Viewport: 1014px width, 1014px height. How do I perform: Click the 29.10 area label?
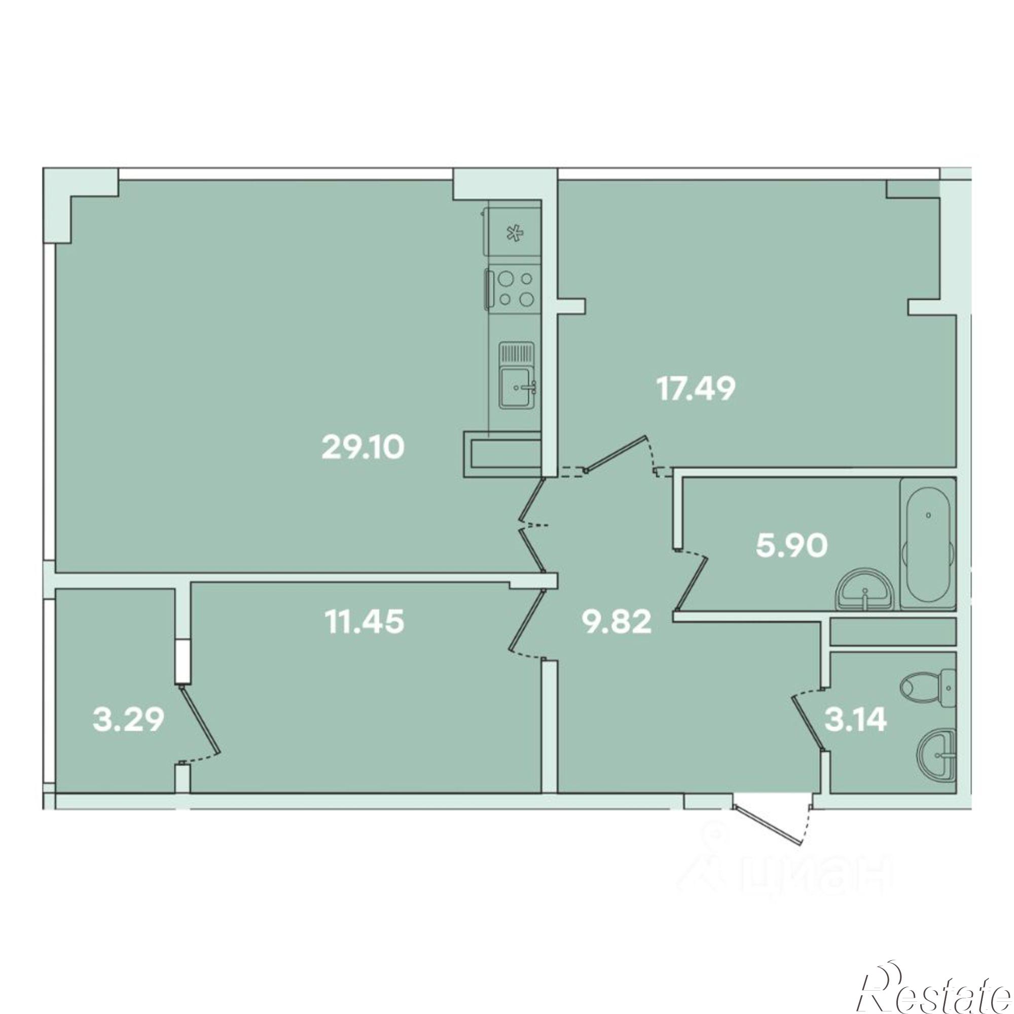pyautogui.click(x=363, y=448)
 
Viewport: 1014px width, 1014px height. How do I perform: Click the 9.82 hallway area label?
pyautogui.click(x=616, y=623)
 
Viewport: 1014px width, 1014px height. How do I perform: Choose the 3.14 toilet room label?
pyautogui.click(x=856, y=720)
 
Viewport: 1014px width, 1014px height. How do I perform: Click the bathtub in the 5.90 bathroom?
pyautogui.click(x=927, y=544)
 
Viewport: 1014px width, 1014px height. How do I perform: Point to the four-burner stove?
pyautogui.click(x=512, y=288)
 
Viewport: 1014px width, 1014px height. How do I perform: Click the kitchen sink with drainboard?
pyautogui.click(x=518, y=375)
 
